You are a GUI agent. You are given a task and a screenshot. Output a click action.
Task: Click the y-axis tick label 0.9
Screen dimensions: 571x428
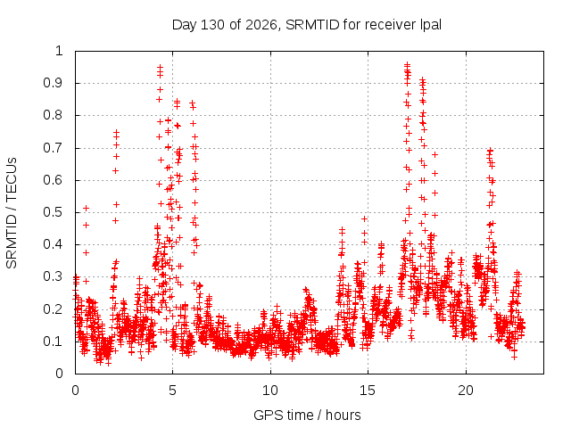point(54,83)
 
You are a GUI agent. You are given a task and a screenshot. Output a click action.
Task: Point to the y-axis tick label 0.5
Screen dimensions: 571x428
point(54,212)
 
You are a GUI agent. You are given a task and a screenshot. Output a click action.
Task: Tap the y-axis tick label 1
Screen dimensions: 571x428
point(59,51)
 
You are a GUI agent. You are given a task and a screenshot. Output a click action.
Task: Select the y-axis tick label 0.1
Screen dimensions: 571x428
point(54,342)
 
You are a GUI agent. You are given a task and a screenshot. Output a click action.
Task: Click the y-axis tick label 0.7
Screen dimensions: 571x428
point(54,148)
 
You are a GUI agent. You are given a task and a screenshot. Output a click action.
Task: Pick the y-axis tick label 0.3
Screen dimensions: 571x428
point(54,276)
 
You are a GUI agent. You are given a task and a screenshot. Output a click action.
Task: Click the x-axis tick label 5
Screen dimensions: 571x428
point(172,391)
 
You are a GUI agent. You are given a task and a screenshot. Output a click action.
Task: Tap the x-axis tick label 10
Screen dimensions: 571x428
point(270,391)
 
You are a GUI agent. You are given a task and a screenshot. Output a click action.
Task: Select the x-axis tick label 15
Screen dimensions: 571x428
point(368,391)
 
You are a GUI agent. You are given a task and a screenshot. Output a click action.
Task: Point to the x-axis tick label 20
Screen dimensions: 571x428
point(466,391)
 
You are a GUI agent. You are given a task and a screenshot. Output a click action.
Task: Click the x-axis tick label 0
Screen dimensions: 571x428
point(75,391)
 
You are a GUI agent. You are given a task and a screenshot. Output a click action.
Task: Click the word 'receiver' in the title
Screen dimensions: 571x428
point(390,25)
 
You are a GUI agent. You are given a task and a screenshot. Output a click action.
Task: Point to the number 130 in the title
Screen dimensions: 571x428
point(213,25)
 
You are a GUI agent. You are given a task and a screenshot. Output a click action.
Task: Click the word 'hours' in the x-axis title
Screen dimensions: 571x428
point(343,415)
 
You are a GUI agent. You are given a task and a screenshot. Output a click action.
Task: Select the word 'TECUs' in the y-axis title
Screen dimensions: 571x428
point(12,179)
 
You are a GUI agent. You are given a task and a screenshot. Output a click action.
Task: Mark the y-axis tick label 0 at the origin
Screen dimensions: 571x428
point(59,374)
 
